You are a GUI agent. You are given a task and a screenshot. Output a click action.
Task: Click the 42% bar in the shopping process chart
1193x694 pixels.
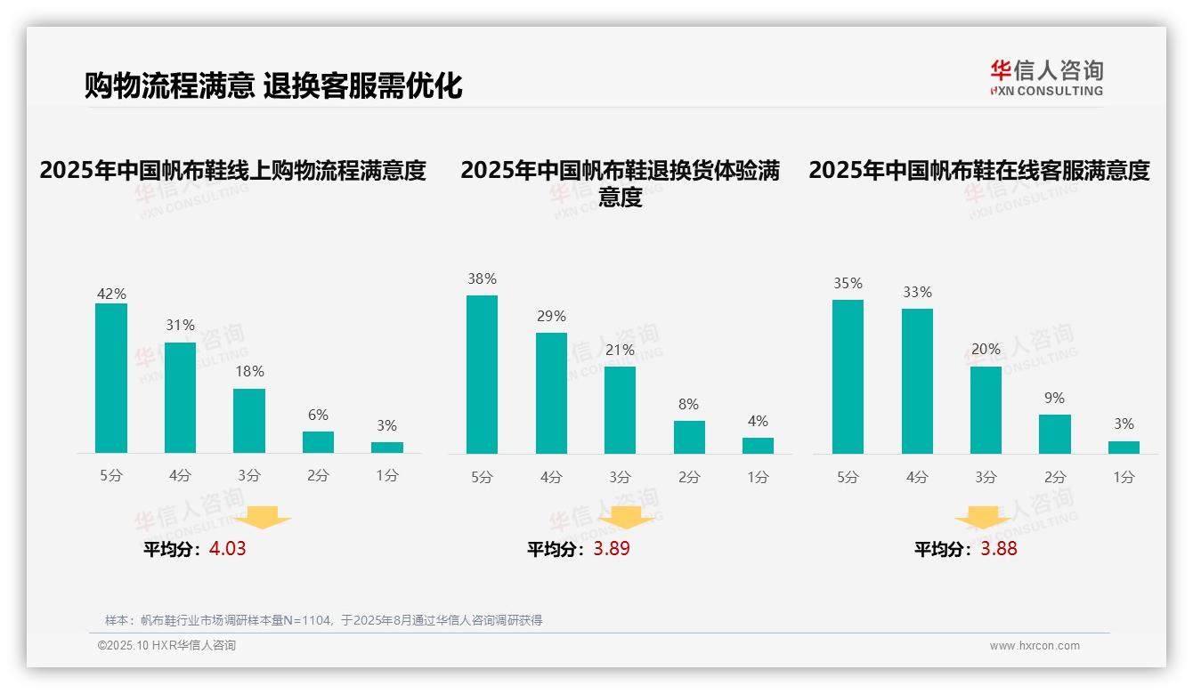(111, 378)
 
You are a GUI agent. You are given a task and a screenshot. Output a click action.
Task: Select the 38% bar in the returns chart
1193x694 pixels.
(482, 375)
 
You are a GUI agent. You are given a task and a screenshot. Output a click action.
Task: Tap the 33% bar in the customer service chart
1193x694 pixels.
(917, 381)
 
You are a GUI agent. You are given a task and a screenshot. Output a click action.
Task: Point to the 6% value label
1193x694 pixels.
(318, 415)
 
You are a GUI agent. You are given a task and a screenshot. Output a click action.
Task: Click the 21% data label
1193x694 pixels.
(620, 350)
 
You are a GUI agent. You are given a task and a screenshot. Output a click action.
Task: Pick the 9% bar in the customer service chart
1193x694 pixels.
(1055, 434)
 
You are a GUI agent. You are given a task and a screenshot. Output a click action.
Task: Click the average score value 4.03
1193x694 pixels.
(227, 549)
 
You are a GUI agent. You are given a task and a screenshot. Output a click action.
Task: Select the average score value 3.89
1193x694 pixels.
(612, 549)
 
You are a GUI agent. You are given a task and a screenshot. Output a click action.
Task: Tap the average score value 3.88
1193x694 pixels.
(999, 549)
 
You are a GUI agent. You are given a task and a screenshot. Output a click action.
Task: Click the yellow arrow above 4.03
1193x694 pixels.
(263, 517)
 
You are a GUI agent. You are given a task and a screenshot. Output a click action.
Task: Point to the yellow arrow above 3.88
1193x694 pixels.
(983, 517)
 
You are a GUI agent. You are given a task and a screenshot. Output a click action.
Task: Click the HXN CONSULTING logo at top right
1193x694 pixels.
(1046, 77)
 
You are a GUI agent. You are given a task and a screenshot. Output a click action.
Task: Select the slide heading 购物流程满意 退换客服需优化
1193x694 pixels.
(273, 86)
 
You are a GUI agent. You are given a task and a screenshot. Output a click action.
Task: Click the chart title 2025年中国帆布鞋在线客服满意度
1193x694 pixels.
(979, 170)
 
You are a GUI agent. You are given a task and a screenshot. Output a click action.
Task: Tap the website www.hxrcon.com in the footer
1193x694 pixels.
(1035, 646)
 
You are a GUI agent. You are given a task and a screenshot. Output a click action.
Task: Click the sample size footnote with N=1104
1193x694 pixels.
(323, 620)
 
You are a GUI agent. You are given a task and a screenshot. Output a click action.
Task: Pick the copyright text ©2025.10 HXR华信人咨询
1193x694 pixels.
(166, 646)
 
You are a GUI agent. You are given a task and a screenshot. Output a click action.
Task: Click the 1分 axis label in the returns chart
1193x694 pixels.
(758, 477)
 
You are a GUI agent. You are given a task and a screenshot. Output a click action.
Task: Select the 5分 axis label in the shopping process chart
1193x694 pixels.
(111, 476)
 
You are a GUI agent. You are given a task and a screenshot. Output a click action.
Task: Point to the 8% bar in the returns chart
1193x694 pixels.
(689, 437)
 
